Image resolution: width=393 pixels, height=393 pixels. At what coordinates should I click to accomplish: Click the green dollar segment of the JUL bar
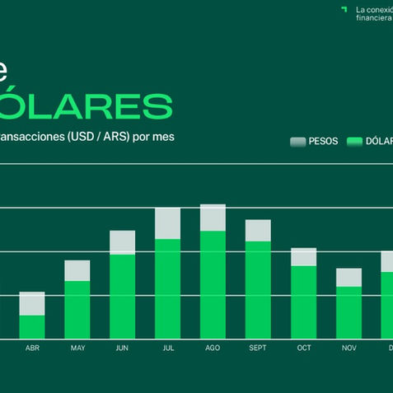point(167,288)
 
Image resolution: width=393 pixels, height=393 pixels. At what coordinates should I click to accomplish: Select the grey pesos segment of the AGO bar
point(213,218)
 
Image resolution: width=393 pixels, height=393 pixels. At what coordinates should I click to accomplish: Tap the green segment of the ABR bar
point(32,326)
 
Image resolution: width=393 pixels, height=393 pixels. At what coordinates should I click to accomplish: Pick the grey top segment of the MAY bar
point(77,270)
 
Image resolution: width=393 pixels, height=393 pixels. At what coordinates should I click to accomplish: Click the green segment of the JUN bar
point(122,296)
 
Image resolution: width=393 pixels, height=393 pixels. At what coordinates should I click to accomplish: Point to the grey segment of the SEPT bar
point(258,230)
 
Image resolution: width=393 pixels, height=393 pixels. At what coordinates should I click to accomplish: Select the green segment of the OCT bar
point(303,302)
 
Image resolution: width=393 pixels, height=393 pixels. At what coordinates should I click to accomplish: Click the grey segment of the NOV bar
point(349,277)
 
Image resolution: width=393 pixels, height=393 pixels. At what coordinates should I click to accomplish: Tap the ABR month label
point(32,349)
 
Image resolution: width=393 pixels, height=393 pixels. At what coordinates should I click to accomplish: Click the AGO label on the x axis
point(213,349)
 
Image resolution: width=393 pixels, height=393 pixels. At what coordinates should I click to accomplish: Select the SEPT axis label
point(258,349)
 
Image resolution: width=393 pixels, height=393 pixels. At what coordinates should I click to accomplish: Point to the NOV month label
point(349,349)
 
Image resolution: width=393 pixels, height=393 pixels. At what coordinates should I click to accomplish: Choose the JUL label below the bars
point(167,349)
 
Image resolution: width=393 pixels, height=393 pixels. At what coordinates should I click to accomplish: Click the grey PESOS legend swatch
point(297,142)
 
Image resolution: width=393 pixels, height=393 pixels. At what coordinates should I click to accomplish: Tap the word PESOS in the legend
point(323,142)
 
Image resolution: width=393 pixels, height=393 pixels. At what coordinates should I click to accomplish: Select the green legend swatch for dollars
point(355,142)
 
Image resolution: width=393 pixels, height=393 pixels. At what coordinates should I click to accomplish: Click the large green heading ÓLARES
point(87,105)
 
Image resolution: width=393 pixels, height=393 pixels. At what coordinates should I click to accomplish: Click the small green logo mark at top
point(344,9)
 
